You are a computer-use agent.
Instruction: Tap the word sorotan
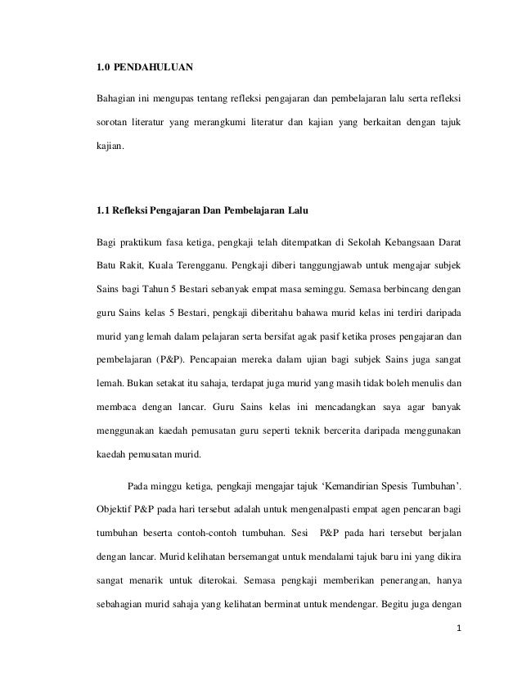click(116, 130)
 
